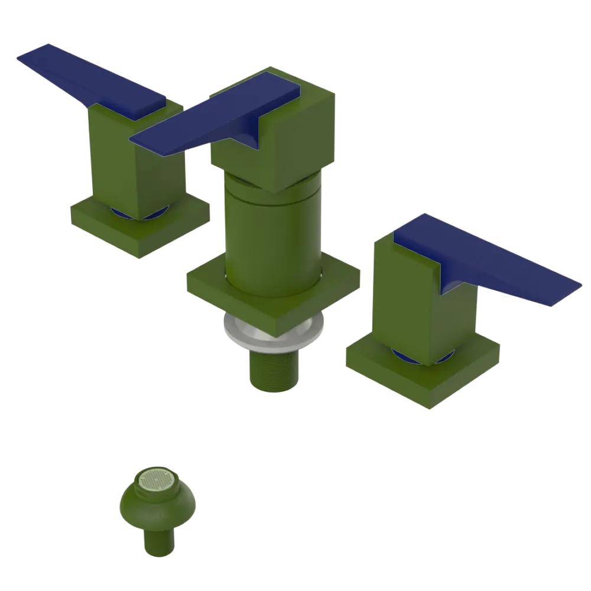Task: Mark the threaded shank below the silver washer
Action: point(272,369)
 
